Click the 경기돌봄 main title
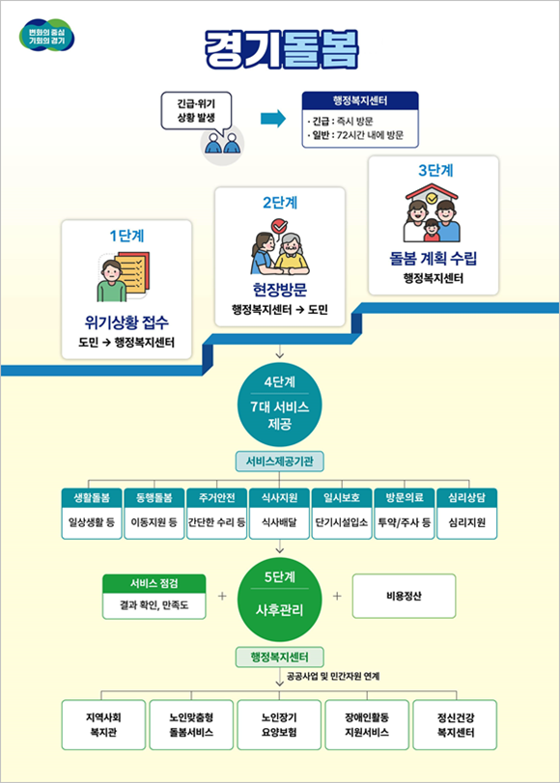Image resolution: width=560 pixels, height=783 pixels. point(281,49)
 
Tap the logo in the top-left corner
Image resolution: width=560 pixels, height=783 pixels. point(46,36)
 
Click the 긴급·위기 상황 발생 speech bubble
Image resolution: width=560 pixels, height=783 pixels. point(196,111)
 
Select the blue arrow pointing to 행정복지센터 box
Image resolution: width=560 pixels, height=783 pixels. point(273,119)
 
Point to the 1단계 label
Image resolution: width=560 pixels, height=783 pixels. point(126,236)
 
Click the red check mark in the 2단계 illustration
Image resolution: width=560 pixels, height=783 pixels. point(279,226)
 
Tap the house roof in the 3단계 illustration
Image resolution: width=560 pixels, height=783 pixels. point(433,191)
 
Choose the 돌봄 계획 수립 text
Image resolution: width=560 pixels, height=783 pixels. point(434,258)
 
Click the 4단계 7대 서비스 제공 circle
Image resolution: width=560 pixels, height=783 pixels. point(280,404)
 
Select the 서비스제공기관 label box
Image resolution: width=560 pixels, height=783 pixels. point(280,461)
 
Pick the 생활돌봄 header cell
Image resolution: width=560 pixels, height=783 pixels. point(92,498)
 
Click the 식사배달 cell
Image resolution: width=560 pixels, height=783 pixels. point(279,523)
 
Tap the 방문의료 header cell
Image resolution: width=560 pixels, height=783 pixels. point(405,498)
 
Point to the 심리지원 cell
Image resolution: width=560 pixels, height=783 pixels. point(466,523)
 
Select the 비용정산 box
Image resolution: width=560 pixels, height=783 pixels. point(405,596)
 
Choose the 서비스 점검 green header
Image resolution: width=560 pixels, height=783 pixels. point(154,584)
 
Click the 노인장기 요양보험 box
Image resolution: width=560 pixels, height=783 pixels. point(279,724)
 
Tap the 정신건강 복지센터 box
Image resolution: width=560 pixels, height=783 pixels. point(455,724)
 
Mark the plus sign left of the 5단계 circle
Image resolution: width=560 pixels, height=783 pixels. point(222,596)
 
